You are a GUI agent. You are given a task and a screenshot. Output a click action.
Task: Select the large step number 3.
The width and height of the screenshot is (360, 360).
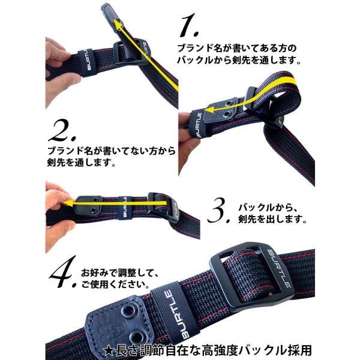[x=218, y=211]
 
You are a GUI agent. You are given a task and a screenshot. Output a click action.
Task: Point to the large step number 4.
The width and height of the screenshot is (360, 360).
[x=63, y=272]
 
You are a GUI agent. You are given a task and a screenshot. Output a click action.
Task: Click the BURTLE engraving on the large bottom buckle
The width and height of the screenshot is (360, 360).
[x=279, y=268]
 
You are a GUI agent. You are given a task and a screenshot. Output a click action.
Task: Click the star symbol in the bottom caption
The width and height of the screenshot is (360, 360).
[x=109, y=351]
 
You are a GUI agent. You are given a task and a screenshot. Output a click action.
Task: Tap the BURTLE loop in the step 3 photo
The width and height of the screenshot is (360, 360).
[x=125, y=206]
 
